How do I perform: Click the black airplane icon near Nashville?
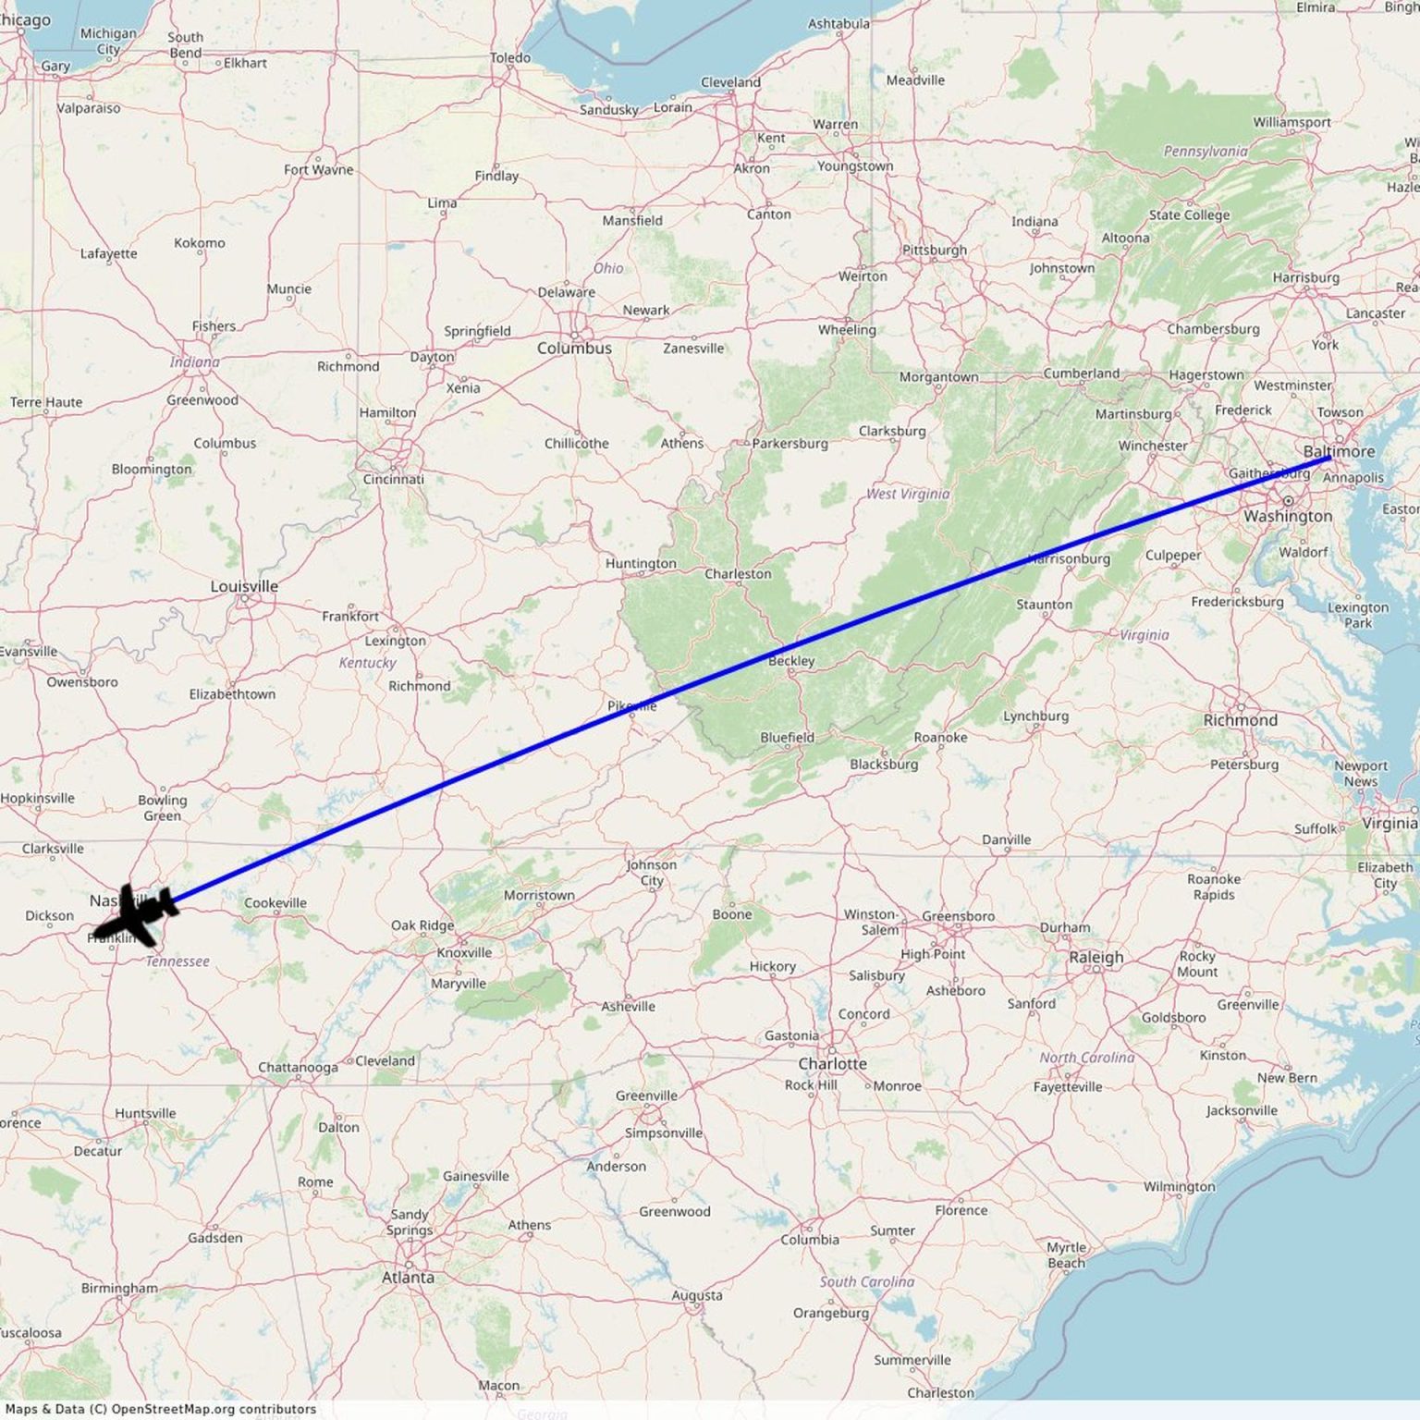tap(137, 914)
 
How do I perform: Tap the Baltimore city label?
tap(1339, 451)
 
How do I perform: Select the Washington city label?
tap(1288, 516)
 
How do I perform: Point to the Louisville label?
tap(244, 586)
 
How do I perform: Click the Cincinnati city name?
tap(393, 479)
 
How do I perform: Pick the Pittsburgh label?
tap(934, 250)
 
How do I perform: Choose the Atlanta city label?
tap(408, 1277)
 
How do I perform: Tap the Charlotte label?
tap(832, 1063)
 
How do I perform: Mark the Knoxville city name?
tap(464, 952)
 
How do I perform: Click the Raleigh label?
tap(1096, 957)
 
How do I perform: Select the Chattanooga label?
tap(298, 1067)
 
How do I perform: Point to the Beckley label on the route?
tap(791, 660)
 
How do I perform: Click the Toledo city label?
tap(510, 57)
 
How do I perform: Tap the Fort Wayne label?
tap(318, 169)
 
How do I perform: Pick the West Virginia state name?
tap(907, 494)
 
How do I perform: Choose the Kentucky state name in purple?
tap(367, 662)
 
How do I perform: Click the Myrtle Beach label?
tap(1066, 1255)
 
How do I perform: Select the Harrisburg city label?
tap(1305, 277)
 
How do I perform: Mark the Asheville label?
tap(628, 1006)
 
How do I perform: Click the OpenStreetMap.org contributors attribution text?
tap(213, 1409)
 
